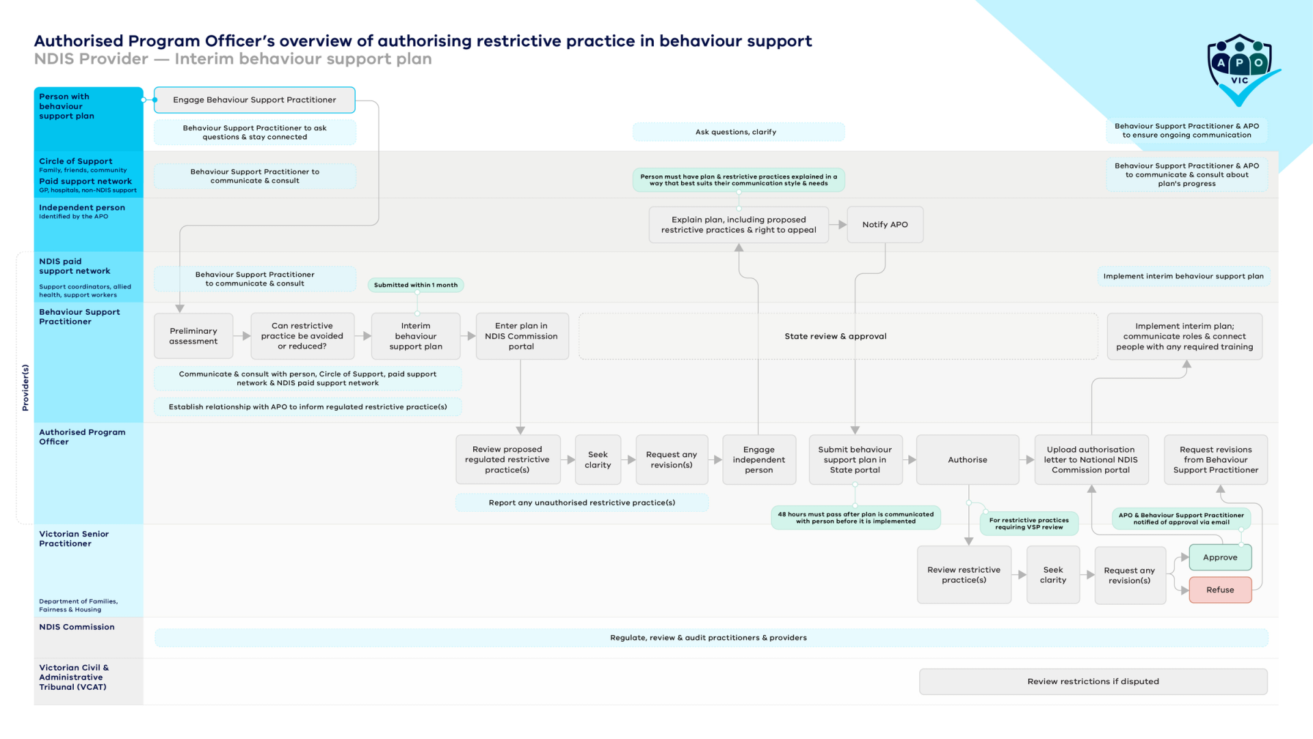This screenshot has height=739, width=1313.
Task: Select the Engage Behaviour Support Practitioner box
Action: tap(254, 100)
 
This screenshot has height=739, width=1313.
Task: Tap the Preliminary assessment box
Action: tap(194, 336)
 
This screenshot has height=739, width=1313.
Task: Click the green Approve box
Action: tap(1220, 557)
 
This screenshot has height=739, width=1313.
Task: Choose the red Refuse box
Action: tap(1220, 590)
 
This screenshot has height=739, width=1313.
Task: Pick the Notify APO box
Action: tap(885, 224)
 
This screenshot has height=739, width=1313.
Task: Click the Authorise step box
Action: tap(968, 460)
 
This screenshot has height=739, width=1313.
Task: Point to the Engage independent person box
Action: tap(759, 460)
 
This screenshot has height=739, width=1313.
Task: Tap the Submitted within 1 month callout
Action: tap(416, 285)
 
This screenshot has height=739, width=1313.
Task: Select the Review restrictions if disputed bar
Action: tap(1093, 682)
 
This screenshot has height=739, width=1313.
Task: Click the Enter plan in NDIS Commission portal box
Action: tap(521, 336)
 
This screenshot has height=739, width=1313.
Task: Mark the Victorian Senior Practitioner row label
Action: tap(74, 539)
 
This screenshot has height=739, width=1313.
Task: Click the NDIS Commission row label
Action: tap(77, 627)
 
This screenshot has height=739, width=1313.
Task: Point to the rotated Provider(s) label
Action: tap(25, 387)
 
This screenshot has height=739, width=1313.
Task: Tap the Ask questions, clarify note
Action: tap(736, 132)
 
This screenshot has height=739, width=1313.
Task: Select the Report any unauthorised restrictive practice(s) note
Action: tap(582, 503)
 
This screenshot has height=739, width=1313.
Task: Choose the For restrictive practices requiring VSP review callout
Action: tap(1029, 523)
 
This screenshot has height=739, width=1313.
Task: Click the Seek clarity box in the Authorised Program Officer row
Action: tap(598, 460)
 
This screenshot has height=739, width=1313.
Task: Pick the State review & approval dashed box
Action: tap(838, 336)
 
